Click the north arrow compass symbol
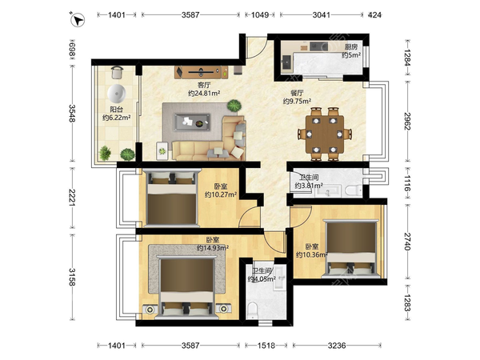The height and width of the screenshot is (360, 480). (x=78, y=20)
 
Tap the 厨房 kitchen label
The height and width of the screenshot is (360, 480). (x=351, y=47)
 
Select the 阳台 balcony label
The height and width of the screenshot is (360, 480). (x=116, y=109)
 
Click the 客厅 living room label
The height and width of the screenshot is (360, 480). (x=204, y=85)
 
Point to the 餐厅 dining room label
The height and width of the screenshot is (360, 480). (x=297, y=93)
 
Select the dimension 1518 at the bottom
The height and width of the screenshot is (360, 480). (x=266, y=346)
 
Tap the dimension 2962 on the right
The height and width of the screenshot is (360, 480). (x=407, y=122)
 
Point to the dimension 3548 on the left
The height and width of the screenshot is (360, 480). (x=72, y=114)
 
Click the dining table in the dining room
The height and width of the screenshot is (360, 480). (x=325, y=134)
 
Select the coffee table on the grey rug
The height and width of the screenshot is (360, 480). (x=192, y=122)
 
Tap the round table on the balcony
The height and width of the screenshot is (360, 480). (x=117, y=94)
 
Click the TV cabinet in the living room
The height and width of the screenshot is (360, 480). (x=202, y=72)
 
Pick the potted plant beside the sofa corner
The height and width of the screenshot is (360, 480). (x=234, y=106)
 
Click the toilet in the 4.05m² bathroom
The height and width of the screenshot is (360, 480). (x=253, y=310)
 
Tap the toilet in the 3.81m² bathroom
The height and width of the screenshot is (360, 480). (x=354, y=190)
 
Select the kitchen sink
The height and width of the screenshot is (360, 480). (x=287, y=62)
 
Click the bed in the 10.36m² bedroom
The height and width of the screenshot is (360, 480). (x=351, y=249)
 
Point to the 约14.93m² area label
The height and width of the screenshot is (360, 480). (x=213, y=248)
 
